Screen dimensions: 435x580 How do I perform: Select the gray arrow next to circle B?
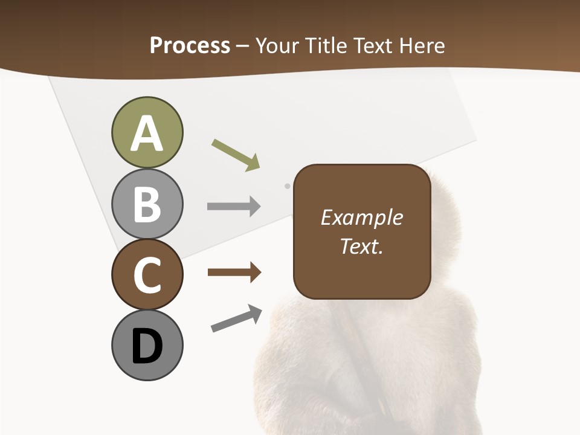[x=234, y=207]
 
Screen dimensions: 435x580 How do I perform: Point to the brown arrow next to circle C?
[x=234, y=272]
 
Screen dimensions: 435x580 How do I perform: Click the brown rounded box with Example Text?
[x=362, y=231]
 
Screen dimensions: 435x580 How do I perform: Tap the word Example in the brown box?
[x=362, y=217]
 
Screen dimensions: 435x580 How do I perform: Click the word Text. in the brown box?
[x=362, y=246]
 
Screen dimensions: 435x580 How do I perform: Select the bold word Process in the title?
[x=190, y=45]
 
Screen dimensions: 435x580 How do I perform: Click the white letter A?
[x=147, y=134]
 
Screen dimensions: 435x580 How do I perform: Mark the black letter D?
[x=147, y=346]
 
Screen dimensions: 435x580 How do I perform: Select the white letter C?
[x=147, y=275]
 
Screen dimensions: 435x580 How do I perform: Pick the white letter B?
[x=147, y=204]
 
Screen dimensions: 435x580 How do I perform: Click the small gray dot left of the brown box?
[x=287, y=186]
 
